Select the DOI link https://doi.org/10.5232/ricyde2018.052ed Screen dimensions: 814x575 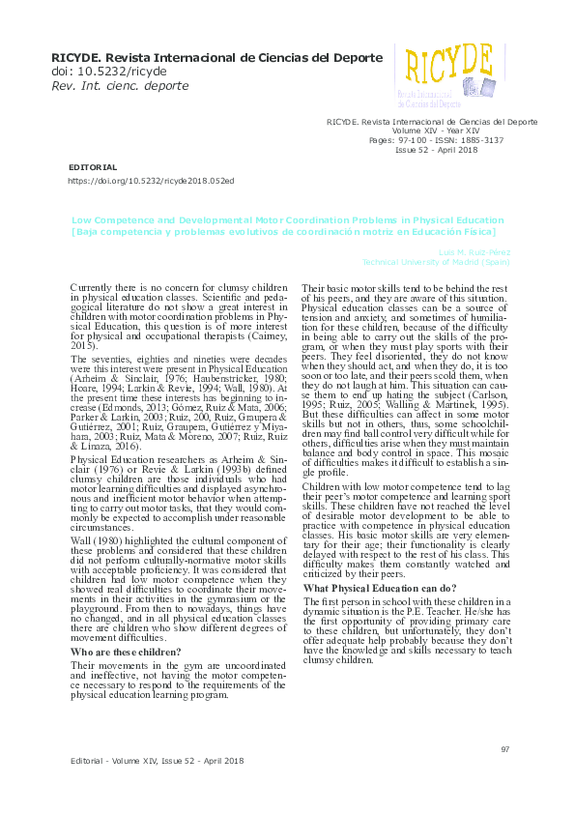tap(150, 181)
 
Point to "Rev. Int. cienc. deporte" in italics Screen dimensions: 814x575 tap(119, 86)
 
